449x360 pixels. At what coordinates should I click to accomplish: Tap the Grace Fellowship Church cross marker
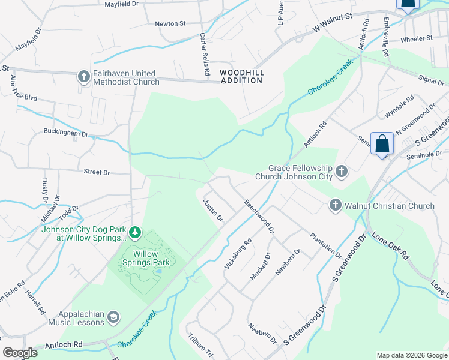341,172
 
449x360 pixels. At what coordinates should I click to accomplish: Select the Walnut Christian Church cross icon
335,206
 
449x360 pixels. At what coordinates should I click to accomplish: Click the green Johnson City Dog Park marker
136,232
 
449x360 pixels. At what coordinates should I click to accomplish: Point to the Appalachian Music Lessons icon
113,317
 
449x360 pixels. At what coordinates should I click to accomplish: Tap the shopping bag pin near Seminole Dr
382,145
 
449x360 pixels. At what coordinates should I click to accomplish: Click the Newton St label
170,23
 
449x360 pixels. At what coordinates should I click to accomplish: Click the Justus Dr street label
213,209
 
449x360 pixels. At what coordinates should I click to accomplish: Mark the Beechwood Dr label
259,216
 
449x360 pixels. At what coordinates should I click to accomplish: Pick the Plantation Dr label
325,245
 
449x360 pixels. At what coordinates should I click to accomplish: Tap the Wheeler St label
416,38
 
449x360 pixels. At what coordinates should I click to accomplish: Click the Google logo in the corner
20,353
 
